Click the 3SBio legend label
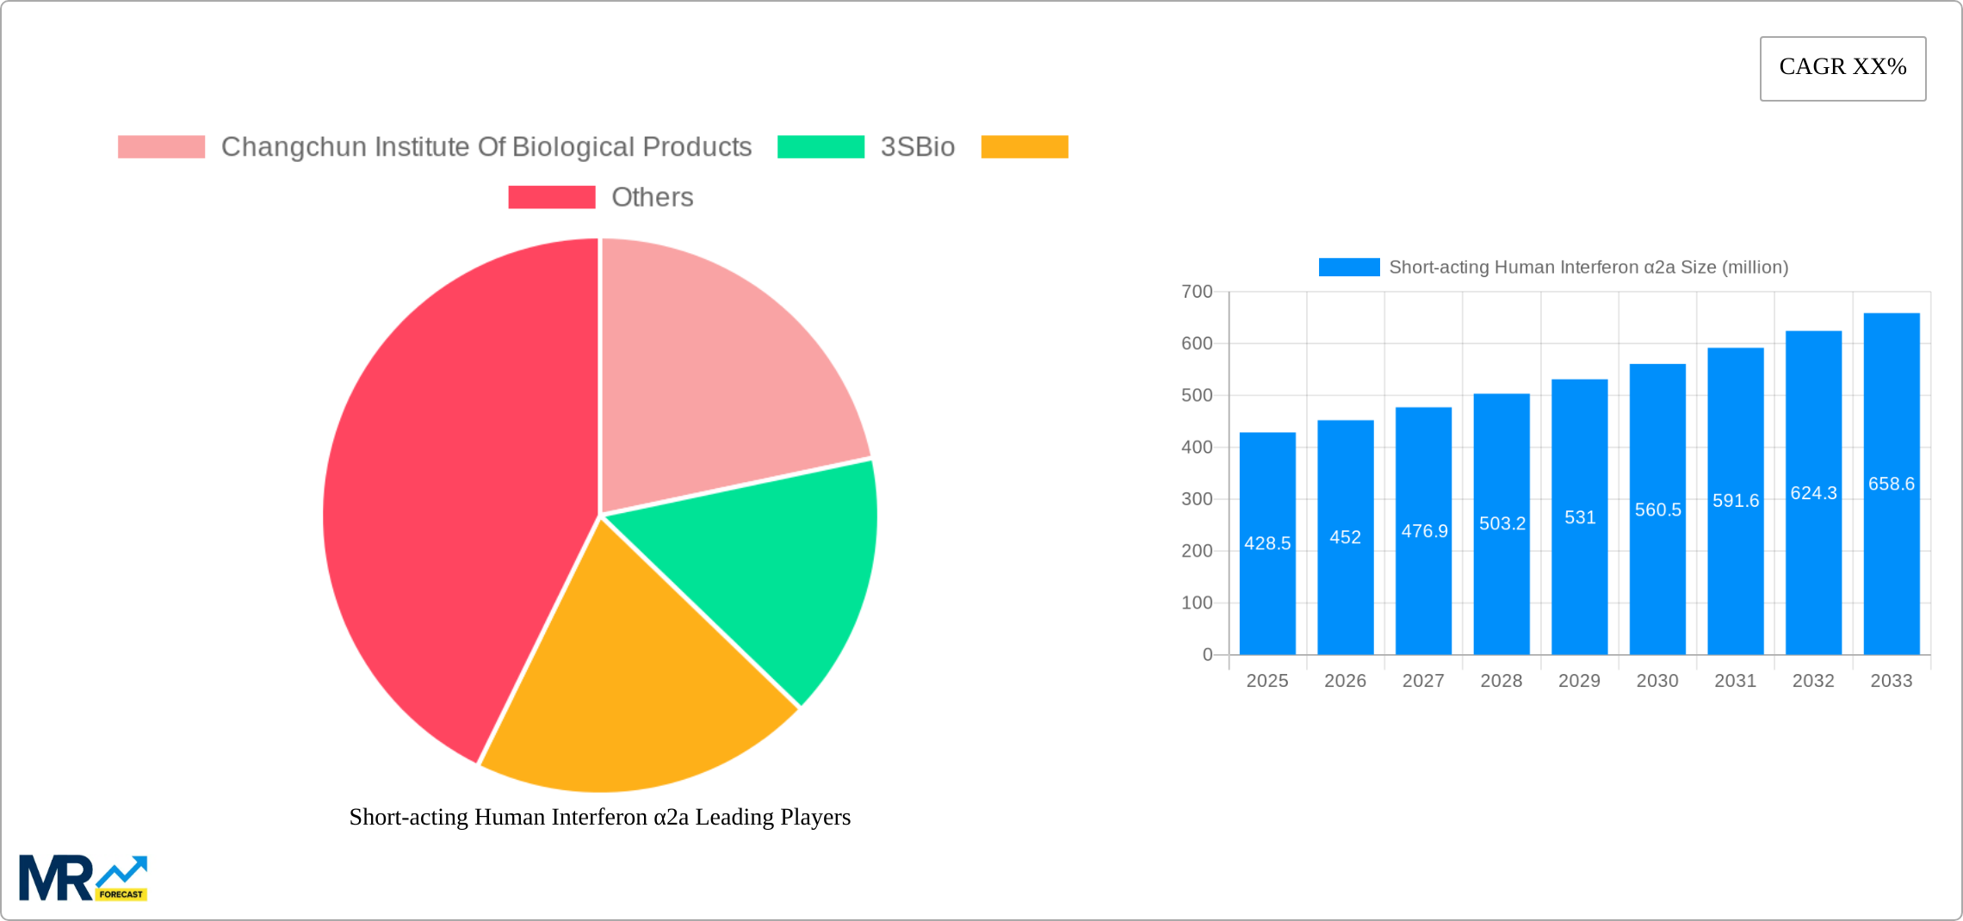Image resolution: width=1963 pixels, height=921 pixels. click(x=917, y=147)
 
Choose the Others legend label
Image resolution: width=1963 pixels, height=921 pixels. click(x=652, y=197)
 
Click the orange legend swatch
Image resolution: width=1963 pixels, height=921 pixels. click(x=1025, y=147)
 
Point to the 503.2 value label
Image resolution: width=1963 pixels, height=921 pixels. click(x=1502, y=523)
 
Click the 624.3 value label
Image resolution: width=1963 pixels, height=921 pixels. click(x=1813, y=493)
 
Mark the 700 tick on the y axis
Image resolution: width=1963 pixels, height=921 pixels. click(x=1197, y=292)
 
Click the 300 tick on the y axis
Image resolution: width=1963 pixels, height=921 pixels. click(x=1197, y=499)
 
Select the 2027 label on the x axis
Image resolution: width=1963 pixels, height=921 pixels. click(x=1423, y=681)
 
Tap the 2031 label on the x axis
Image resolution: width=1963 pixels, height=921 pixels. click(x=1735, y=681)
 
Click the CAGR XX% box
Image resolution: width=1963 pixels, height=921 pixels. click(x=1842, y=68)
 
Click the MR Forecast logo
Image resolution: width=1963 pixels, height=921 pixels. click(x=83, y=878)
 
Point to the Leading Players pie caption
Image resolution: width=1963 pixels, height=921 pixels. click(x=600, y=817)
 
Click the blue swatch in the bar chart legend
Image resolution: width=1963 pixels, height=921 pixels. click(x=1348, y=268)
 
